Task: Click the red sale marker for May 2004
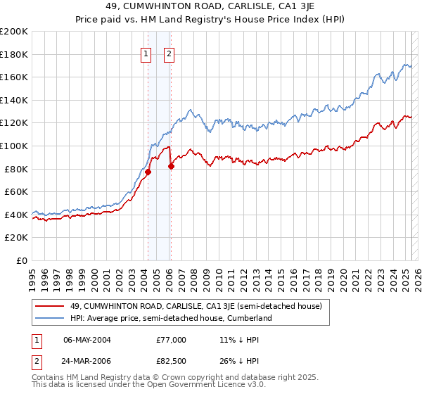148,172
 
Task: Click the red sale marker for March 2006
171,166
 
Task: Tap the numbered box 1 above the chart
146,53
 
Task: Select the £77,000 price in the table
171,340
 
